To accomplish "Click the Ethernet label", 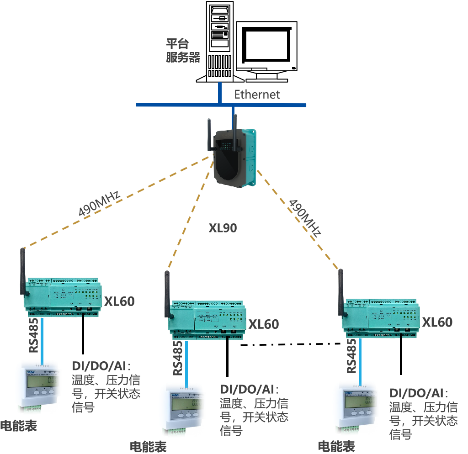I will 257,95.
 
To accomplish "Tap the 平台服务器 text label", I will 183,51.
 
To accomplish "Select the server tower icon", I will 218,42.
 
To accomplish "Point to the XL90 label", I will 223,228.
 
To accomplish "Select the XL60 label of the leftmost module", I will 119,301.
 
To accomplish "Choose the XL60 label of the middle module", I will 263,324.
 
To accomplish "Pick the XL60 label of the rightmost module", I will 437,322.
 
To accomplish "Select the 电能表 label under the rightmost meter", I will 336,446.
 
